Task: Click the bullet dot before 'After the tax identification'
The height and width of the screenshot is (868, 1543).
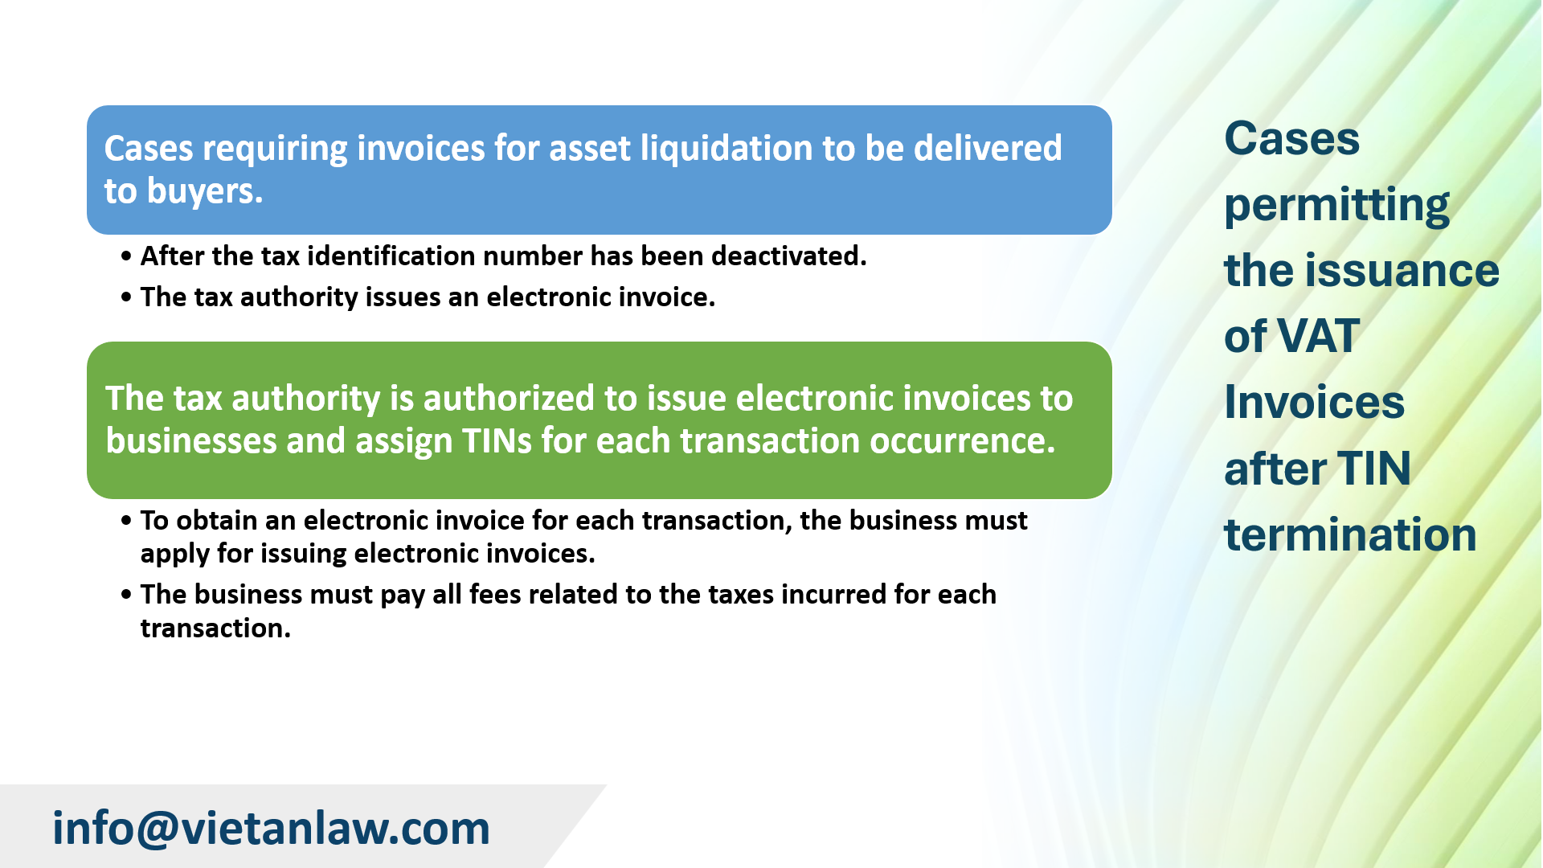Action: pos(126,257)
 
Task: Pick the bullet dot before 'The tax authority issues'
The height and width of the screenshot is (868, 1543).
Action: pos(126,298)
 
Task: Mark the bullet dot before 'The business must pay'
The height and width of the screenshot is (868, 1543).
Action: pos(126,596)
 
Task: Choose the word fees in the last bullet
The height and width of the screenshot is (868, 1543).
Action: pos(495,595)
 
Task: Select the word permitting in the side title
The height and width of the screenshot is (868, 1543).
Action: pos(1336,206)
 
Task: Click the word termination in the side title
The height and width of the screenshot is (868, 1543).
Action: pos(1350,535)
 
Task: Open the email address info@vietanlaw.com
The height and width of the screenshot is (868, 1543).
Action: pos(271,829)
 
